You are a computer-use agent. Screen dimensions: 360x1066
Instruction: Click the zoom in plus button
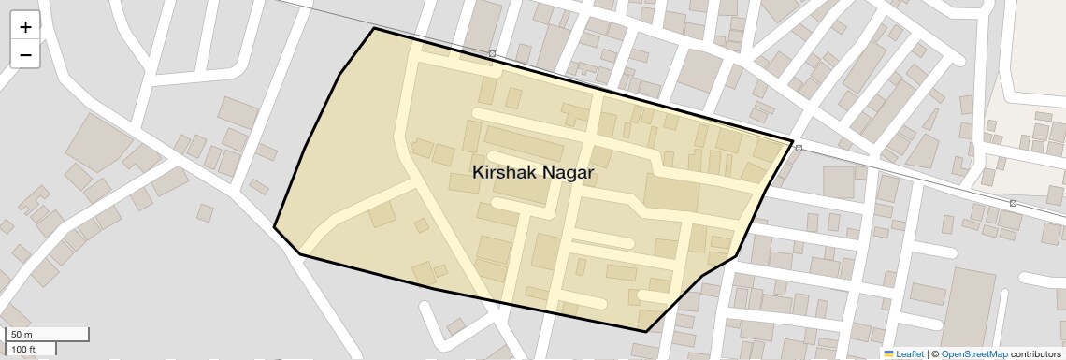25,27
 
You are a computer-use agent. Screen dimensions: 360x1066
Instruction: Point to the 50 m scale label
22,335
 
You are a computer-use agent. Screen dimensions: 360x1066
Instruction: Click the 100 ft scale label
23,350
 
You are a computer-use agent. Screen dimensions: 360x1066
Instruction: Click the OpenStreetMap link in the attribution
973,353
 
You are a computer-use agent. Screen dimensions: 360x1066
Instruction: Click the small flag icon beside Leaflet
889,353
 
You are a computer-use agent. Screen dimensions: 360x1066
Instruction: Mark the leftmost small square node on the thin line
492,54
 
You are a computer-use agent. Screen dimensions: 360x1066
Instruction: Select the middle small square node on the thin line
799,148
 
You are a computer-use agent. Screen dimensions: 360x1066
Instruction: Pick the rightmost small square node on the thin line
1013,203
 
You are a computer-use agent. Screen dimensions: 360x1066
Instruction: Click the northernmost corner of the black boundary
374,28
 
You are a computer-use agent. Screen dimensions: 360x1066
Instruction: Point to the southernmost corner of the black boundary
645,331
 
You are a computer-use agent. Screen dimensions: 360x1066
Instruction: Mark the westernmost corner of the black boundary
274,227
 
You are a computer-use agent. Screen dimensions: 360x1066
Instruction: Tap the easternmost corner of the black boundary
794,143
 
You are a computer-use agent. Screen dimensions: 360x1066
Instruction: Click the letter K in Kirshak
479,173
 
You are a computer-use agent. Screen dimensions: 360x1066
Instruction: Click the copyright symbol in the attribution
934,353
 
